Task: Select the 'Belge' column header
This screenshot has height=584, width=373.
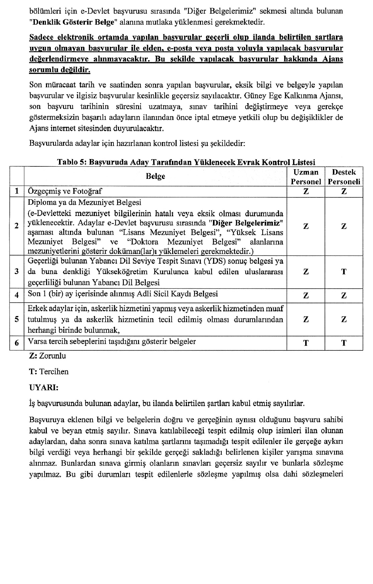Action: point(155,176)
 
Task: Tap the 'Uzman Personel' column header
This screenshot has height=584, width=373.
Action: point(306,177)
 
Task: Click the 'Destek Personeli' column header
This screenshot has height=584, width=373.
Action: point(344,177)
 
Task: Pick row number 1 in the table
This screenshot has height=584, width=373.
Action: point(17,191)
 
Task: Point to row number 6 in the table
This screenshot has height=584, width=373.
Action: point(17,343)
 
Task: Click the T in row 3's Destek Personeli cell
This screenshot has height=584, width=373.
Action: point(344,272)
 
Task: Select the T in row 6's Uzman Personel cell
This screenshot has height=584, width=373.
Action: point(306,343)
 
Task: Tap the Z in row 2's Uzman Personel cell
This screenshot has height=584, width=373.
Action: point(306,226)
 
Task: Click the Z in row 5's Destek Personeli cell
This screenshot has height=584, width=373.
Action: point(344,319)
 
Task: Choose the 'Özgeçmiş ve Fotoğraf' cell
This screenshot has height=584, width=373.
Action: point(65,191)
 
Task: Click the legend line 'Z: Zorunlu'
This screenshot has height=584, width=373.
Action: point(47,356)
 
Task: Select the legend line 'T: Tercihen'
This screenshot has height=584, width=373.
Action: point(49,372)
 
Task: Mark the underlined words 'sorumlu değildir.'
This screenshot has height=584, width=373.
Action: point(60,70)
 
